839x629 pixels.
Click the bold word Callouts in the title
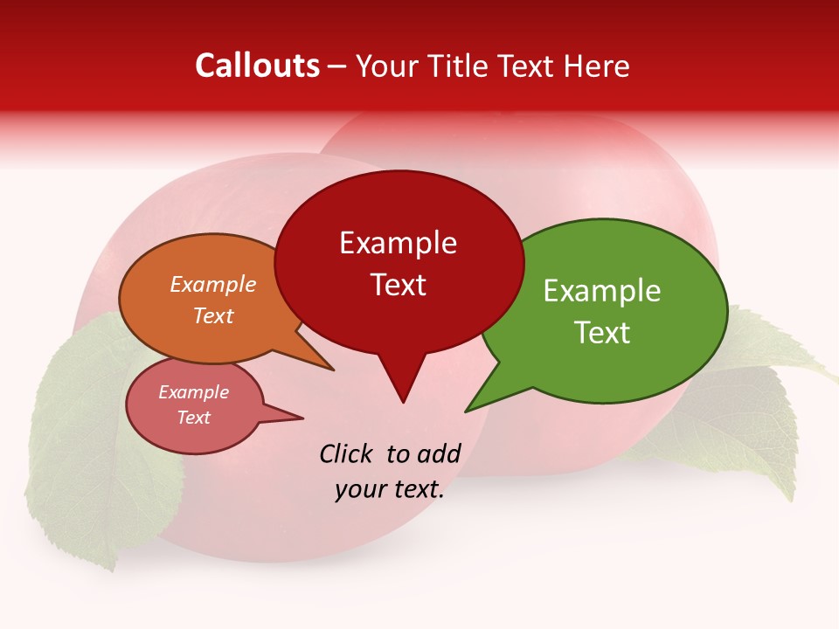coord(257,66)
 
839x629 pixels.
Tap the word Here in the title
coord(598,66)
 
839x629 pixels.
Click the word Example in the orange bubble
coord(213,285)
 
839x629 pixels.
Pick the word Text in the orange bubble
coord(213,315)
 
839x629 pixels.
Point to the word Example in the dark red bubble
coord(399,243)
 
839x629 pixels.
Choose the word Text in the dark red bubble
coord(399,285)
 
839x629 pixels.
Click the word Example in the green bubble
coord(602,291)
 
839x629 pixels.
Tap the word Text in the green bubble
coord(602,332)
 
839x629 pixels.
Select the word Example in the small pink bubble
coord(194,392)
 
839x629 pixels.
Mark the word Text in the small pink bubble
coord(194,418)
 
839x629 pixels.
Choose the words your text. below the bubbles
coord(390,490)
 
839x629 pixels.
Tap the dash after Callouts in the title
coord(337,66)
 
